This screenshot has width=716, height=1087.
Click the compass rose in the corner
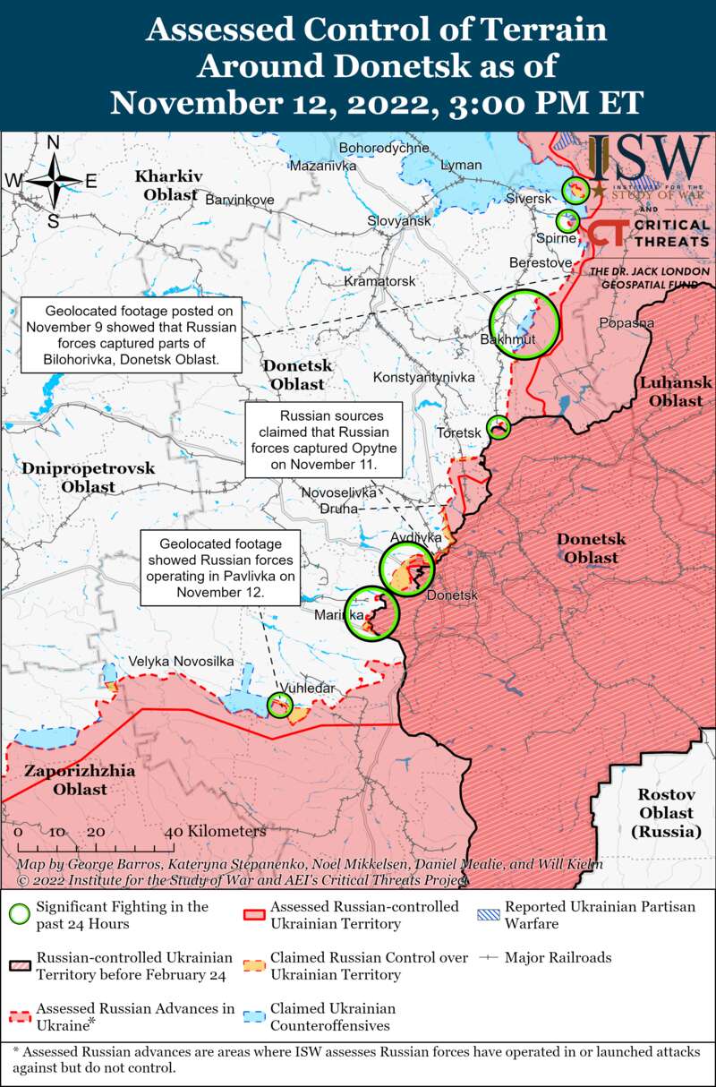coord(54,180)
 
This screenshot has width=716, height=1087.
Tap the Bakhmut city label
coord(507,340)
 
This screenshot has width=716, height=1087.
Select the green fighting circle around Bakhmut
coord(524,324)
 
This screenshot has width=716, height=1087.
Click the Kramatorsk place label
coord(380,281)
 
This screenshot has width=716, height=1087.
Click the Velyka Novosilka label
coord(182,661)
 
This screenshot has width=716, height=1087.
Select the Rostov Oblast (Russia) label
coord(665,812)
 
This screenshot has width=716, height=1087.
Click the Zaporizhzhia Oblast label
coord(67,780)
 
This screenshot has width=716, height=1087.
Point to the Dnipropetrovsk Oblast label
coord(88,477)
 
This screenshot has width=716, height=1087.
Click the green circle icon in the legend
coord(19,914)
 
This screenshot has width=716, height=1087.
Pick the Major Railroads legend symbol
coord(489,958)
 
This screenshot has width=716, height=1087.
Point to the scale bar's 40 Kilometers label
coord(215,832)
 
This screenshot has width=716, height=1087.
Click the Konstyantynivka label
coord(423,377)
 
